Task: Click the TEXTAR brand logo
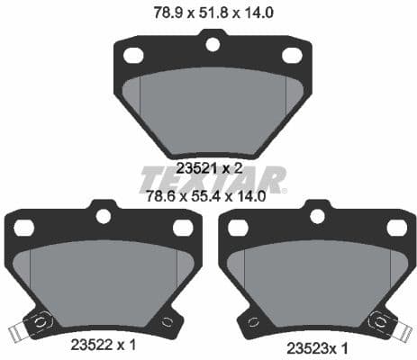213,179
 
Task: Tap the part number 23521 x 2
208,166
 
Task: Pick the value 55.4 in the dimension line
208,193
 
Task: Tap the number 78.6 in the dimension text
162,193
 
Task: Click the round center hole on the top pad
212,41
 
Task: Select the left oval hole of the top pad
132,56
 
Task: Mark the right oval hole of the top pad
290,56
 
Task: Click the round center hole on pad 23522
102,216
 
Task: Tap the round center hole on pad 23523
316,216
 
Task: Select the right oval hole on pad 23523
396,229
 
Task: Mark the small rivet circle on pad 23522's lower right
165,321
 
